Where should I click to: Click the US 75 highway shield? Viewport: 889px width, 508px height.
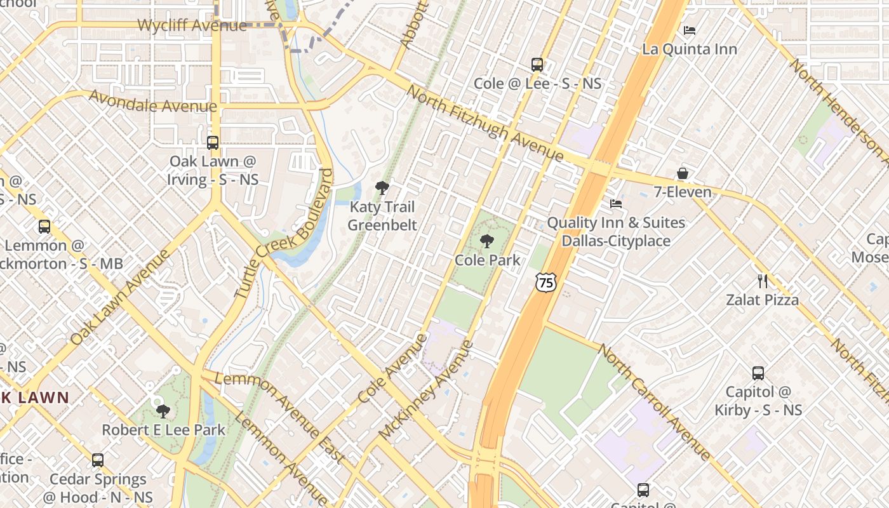pos(545,282)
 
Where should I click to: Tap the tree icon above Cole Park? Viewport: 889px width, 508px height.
pos(487,241)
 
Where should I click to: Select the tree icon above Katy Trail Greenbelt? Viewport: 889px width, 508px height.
pos(382,187)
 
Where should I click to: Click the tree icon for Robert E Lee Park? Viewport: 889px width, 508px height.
pos(163,411)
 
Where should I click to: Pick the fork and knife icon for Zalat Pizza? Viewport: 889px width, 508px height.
pos(763,281)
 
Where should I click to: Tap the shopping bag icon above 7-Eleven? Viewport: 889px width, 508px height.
pos(683,173)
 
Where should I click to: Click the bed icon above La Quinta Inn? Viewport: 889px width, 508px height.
pos(690,30)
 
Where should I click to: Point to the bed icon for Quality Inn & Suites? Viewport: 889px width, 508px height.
pos(616,204)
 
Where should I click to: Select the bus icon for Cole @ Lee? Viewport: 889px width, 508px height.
pos(537,65)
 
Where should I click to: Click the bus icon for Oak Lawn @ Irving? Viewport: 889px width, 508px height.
pos(213,143)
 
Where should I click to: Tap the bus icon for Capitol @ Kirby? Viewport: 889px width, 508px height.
pos(758,373)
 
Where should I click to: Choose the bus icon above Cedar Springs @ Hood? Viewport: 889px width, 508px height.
pos(98,460)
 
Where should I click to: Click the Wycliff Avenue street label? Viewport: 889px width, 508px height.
pos(192,26)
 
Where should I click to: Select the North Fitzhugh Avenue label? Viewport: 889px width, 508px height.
pos(484,123)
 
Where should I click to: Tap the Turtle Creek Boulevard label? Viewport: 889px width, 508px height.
pos(284,233)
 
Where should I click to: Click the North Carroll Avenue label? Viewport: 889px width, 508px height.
pos(654,402)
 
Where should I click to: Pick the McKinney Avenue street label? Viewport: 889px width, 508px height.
pos(426,391)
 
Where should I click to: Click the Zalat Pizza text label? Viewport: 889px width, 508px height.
pos(762,300)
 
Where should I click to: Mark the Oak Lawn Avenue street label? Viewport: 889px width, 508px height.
pos(121,297)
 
